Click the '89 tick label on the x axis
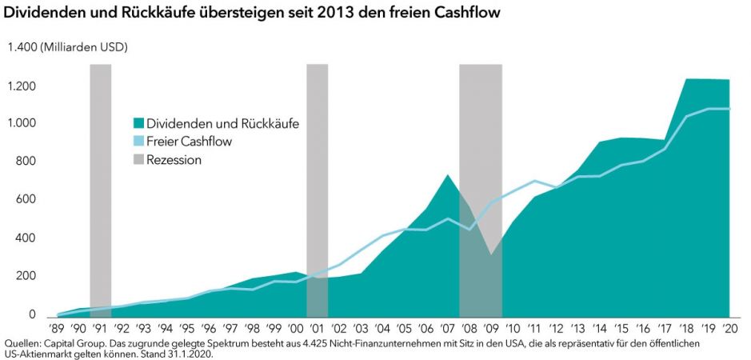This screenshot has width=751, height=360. (56, 328)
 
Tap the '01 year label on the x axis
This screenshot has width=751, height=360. (318, 328)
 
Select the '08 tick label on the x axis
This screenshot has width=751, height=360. (469, 328)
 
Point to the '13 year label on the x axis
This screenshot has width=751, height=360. (578, 328)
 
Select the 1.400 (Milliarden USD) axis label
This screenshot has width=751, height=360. (68, 47)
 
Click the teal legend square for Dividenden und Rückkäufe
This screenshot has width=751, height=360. (138, 123)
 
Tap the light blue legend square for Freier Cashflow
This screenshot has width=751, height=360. (138, 142)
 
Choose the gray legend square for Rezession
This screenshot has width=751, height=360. (138, 160)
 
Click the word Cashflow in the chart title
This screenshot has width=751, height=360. (470, 14)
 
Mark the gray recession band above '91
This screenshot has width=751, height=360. (100, 184)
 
